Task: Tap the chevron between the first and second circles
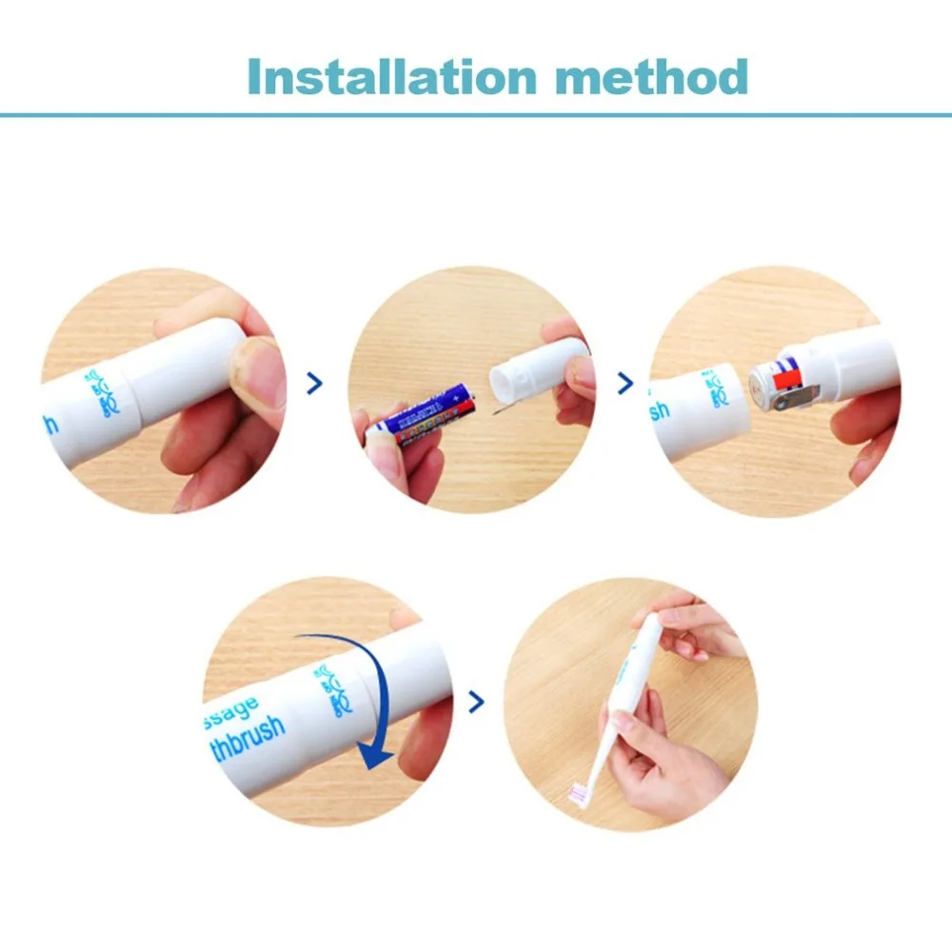315,384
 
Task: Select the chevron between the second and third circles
625,384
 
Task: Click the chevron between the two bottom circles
476,703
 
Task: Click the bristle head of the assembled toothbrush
579,791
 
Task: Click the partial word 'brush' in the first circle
50,421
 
